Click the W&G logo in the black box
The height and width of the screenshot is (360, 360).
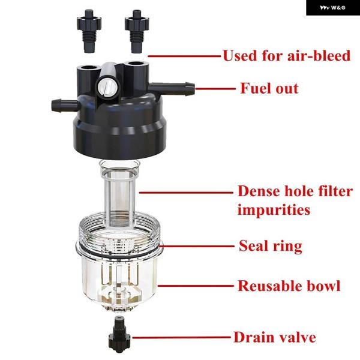pyautogui.click(x=332, y=8)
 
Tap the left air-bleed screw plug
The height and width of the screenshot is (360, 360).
pyautogui.click(x=89, y=31)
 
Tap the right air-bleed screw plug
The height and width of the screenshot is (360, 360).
pyautogui.click(x=137, y=31)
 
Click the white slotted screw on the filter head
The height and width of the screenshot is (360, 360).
pyautogui.click(x=107, y=87)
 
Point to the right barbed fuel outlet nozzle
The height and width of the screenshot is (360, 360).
pyautogui.click(x=171, y=88)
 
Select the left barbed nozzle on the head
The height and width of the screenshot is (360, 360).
pyautogui.click(x=65, y=106)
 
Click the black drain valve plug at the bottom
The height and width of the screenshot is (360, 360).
pyautogui.click(x=119, y=334)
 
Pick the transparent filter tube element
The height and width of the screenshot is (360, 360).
pyautogui.click(x=119, y=193)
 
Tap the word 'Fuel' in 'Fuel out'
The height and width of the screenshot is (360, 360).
pyautogui.click(x=256, y=88)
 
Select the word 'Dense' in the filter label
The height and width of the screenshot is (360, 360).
pyautogui.click(x=259, y=191)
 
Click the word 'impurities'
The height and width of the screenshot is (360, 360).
pyautogui.click(x=274, y=210)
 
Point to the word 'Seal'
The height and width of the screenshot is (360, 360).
pyautogui.click(x=253, y=245)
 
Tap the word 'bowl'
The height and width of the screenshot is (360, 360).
pyautogui.click(x=324, y=286)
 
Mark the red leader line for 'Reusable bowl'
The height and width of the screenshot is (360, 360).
pyautogui.click(x=196, y=286)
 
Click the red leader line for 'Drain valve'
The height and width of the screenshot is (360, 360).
pyautogui.click(x=181, y=337)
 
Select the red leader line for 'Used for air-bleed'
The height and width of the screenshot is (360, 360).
pyautogui.click(x=184, y=56)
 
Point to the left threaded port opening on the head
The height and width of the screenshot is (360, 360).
pyautogui.click(x=88, y=68)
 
